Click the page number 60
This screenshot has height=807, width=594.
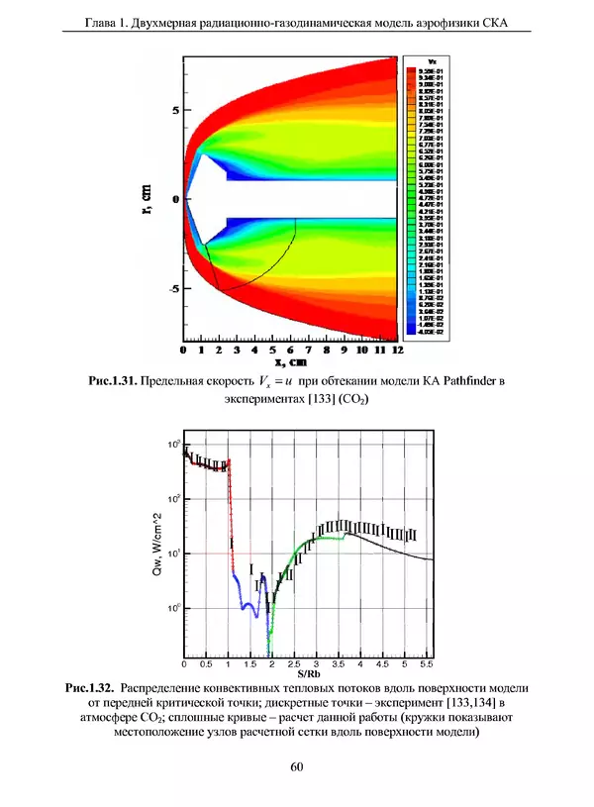(297, 766)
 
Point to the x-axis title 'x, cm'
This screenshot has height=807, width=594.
(290, 363)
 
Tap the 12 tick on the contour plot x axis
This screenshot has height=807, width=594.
(398, 350)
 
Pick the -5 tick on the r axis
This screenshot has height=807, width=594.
(172, 288)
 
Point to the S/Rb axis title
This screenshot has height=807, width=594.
(308, 674)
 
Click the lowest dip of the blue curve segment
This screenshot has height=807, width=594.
(256, 616)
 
